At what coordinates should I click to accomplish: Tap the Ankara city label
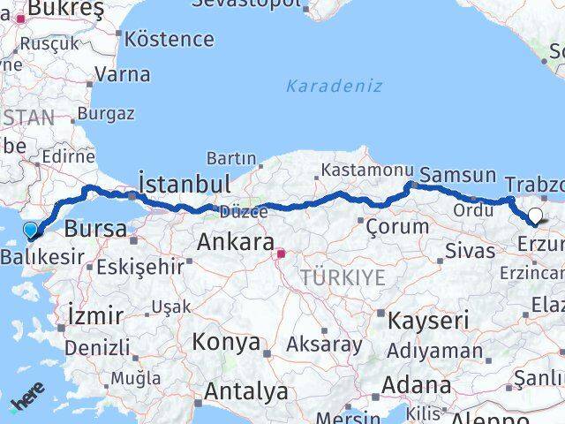235,240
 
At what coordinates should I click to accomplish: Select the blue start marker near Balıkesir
31,231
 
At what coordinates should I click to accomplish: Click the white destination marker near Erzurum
534,216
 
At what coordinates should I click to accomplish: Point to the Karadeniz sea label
334,86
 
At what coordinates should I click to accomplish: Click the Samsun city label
457,175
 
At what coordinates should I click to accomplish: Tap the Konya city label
227,342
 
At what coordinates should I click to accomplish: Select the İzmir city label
95,314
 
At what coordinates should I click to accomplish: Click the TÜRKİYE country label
343,277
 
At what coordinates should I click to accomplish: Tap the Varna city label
122,74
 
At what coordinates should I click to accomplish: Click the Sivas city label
470,250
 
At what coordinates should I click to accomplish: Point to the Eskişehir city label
141,265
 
